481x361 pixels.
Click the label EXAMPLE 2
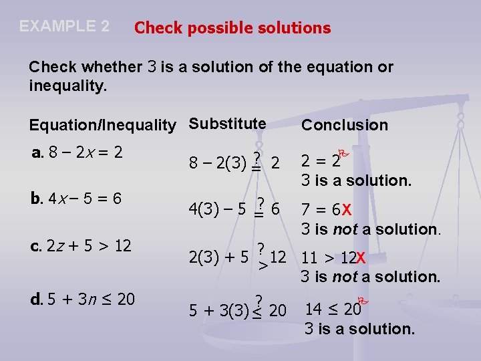(64, 26)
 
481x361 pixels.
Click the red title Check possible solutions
(232, 28)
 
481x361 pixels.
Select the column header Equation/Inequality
(102, 125)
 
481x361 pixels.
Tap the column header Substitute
(227, 124)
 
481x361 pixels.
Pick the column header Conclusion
(344, 125)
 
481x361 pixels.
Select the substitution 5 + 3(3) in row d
(217, 311)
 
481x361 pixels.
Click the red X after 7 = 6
(347, 210)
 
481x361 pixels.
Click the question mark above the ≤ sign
(258, 299)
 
